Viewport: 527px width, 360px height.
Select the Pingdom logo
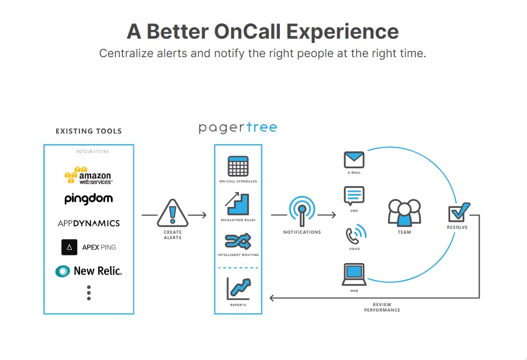[88, 199]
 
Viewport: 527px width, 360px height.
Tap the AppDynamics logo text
[88, 223]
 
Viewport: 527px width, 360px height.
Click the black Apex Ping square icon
[69, 247]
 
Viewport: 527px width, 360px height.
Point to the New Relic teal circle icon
[63, 271]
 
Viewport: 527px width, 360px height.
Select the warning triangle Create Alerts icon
[173, 213]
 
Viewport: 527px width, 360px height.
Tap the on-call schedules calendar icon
[238, 166]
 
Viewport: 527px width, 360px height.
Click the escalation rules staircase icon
[238, 204]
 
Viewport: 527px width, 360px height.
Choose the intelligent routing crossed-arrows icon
[238, 240]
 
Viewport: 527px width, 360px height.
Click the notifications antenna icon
[302, 212]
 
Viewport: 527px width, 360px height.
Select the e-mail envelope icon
[354, 160]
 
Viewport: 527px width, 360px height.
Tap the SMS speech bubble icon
[354, 195]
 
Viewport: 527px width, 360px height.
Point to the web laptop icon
[354, 274]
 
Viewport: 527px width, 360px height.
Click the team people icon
[404, 212]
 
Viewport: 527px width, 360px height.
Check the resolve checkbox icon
[458, 212]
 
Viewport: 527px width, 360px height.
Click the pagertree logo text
[238, 128]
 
